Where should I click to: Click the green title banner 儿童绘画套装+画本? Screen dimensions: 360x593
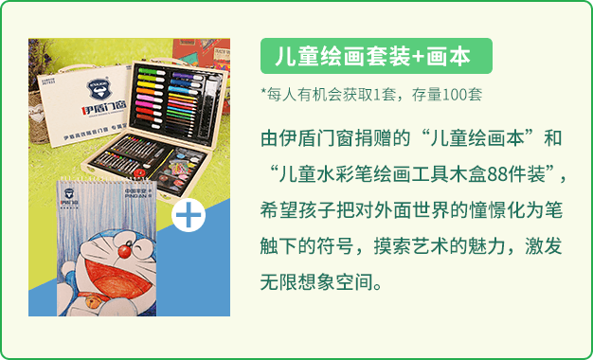(x=376, y=56)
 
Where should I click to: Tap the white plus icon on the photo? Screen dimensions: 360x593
(x=189, y=215)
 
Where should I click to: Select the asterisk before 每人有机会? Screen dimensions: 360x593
(x=264, y=93)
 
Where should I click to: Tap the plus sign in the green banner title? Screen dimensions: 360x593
(x=418, y=56)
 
